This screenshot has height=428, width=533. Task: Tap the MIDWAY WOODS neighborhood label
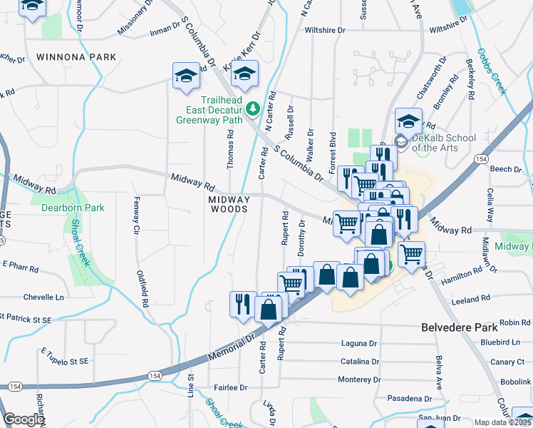click(x=229, y=205)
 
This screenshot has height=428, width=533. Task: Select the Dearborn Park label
click(x=73, y=208)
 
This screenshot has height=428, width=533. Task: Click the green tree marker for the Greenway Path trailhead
click(x=252, y=108)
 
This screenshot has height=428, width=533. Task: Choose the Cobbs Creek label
click(x=492, y=71)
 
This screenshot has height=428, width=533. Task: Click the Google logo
click(x=24, y=419)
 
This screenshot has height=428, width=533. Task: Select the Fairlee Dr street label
click(x=231, y=388)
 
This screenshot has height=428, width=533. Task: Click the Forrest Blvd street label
click(x=332, y=151)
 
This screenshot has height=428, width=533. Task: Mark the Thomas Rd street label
click(x=230, y=149)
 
